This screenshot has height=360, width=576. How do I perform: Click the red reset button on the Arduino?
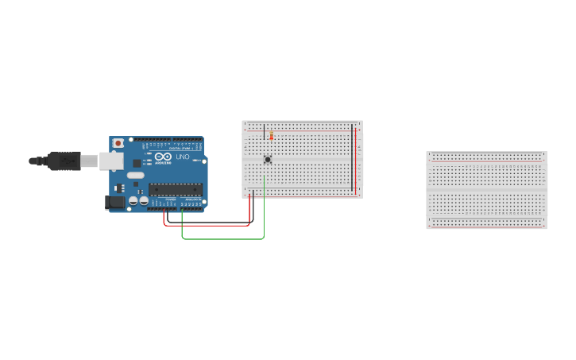click(118, 143)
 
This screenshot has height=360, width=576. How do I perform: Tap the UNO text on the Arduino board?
click(182, 157)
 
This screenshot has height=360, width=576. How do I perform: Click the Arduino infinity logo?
click(163, 157)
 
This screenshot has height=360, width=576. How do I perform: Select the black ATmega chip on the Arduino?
click(175, 190)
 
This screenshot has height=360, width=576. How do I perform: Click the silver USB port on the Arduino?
click(111, 161)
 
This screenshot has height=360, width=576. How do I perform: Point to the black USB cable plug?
click(64, 161)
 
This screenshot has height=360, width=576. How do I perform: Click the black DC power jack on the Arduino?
click(114, 203)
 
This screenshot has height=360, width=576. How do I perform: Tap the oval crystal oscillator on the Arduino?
click(136, 176)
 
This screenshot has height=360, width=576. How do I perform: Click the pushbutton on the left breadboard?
click(268, 159)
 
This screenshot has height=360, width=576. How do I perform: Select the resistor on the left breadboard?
click(272, 135)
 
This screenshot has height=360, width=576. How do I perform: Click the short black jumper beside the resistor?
click(264, 132)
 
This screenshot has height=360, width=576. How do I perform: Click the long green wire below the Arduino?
click(222, 238)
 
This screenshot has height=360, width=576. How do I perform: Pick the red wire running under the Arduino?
click(207, 225)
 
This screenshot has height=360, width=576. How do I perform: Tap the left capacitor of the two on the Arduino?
click(133, 201)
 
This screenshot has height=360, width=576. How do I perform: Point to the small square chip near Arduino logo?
click(137, 162)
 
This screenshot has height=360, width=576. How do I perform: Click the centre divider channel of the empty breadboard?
click(486, 190)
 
